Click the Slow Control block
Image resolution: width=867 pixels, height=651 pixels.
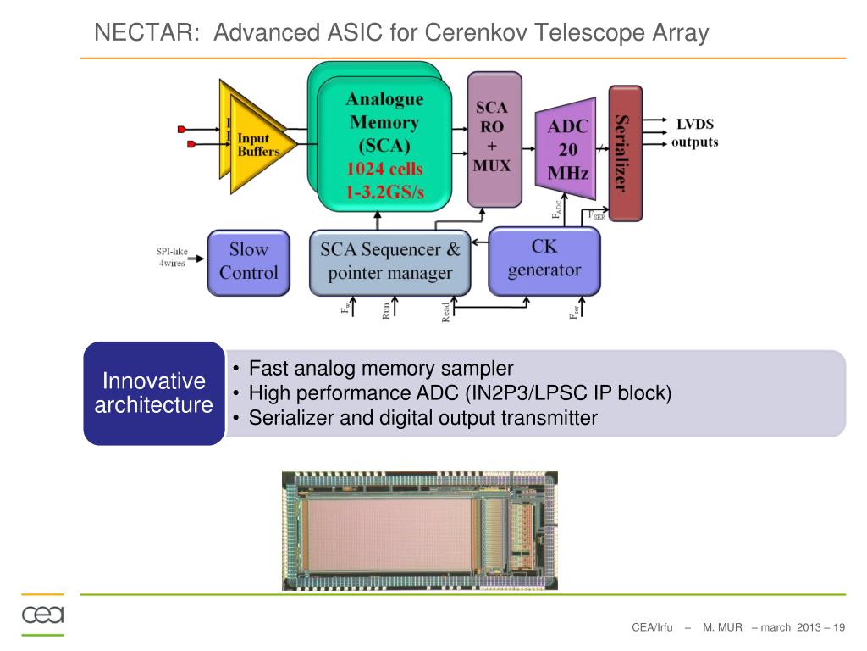[x=248, y=261]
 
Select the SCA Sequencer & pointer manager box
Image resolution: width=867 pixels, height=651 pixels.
[x=389, y=261]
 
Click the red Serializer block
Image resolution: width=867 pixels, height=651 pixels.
[x=625, y=153]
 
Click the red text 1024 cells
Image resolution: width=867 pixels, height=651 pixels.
[x=384, y=169]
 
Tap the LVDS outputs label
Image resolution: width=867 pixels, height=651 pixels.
[x=694, y=133]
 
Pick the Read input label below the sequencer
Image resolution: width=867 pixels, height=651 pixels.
[x=446, y=313]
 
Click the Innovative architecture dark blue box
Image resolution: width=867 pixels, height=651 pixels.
[x=153, y=392]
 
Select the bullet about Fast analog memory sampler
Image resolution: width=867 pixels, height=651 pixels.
[x=381, y=369]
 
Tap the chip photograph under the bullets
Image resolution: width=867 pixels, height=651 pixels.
[x=419, y=530]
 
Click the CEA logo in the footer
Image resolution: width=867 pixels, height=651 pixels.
[x=42, y=615]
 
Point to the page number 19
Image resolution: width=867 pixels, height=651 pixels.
[x=839, y=627]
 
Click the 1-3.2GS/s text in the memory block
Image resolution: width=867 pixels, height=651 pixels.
[x=384, y=192]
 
